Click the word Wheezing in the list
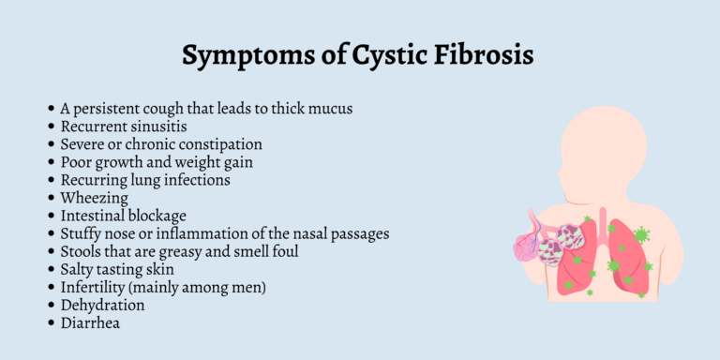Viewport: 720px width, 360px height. (x=93, y=198)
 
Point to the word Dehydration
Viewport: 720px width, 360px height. (x=103, y=305)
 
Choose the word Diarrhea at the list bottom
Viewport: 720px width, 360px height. (x=91, y=322)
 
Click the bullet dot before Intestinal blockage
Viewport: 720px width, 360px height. (x=52, y=217)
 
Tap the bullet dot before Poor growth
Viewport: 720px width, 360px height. (x=52, y=163)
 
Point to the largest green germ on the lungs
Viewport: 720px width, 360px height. (x=641, y=234)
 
